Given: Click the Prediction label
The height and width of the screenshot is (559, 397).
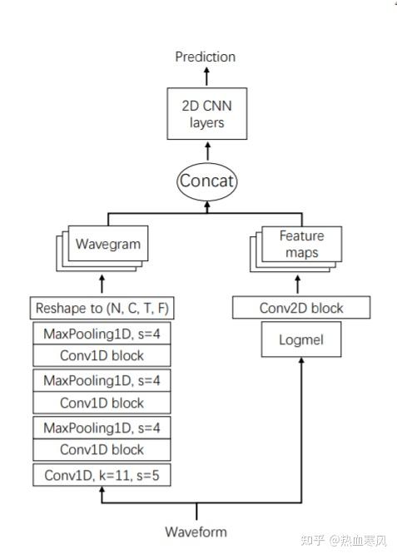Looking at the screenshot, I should pos(205,57).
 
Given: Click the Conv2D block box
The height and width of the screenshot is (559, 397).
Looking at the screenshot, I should pos(300,309).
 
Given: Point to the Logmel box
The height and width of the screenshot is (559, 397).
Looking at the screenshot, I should pos(300,340).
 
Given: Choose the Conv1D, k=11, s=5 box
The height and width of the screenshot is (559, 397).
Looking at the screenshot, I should pos(101,476).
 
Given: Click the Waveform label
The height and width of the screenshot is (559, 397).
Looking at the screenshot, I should pos(196,532).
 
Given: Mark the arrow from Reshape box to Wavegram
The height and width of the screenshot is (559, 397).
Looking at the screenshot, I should pos(102,283).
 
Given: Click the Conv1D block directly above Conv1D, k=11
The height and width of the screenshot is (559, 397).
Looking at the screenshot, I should pos(101,450).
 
